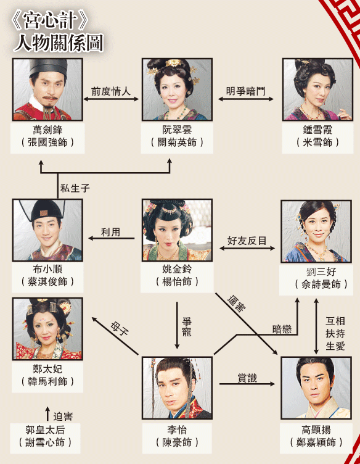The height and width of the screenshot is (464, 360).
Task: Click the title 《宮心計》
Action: pyautogui.click(x=50, y=21)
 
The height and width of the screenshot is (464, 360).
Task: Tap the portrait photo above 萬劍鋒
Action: pyautogui.click(x=47, y=89)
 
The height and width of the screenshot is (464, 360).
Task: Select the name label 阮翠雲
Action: pyautogui.click(x=177, y=130)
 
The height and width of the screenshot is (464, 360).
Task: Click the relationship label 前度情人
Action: pyautogui.click(x=111, y=91)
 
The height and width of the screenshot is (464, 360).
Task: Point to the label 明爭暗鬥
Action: pyautogui.click(x=245, y=91)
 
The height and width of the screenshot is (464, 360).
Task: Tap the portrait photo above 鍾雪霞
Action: pyautogui.click(x=317, y=89)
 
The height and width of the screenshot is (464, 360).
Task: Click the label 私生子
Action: pyautogui.click(x=75, y=188)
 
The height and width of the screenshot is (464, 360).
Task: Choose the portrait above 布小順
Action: pyautogui.click(x=47, y=230)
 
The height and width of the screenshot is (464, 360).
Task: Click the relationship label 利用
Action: pyautogui.click(x=111, y=232)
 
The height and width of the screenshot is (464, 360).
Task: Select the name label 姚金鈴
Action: pyautogui.click(x=177, y=269)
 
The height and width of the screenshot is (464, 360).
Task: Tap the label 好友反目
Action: pyautogui.click(x=247, y=241)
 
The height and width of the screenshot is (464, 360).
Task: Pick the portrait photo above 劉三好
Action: pyautogui.click(x=316, y=231)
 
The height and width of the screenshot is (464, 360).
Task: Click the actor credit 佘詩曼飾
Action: pyautogui.click(x=321, y=284)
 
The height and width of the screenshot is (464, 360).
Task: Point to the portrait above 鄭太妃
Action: pyautogui.click(x=47, y=329)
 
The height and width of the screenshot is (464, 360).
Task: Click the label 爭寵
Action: pyautogui.click(x=187, y=326)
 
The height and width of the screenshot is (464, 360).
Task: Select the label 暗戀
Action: pyautogui.click(x=282, y=329)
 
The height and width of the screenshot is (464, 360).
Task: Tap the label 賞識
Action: pyautogui.click(x=247, y=378)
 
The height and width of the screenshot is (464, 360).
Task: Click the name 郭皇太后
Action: pyautogui.click(x=45, y=429)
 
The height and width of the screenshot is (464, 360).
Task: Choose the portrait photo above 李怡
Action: pyautogui.click(x=177, y=388)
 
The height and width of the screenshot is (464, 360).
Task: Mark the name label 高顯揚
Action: pyautogui.click(x=316, y=429)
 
